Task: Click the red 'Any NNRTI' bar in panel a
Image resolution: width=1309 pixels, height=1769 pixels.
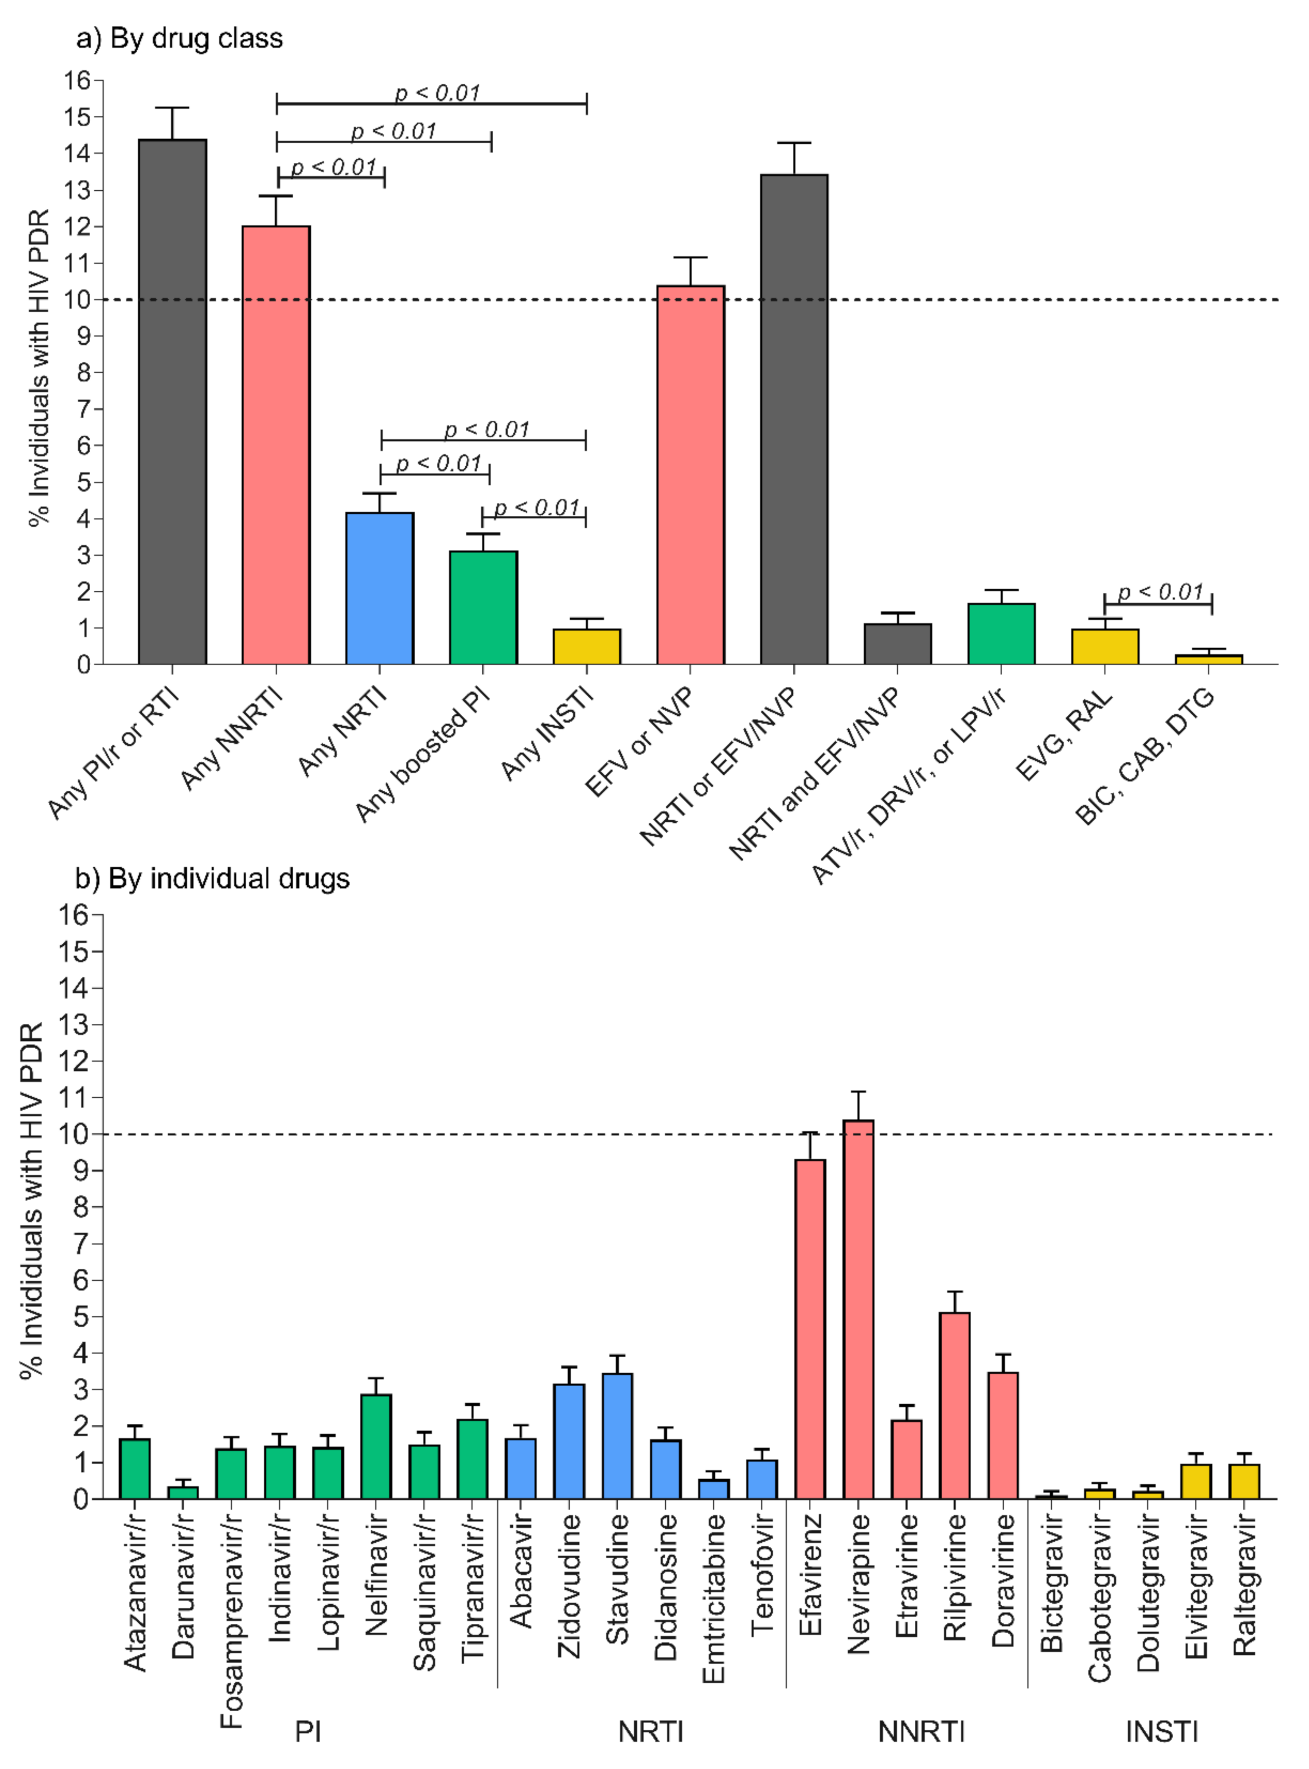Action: (276, 445)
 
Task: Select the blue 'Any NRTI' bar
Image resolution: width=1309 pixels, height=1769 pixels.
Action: (379, 589)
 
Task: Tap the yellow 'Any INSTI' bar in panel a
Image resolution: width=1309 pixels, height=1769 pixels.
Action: (586, 646)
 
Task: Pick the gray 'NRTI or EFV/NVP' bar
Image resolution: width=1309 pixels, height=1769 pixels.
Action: (794, 420)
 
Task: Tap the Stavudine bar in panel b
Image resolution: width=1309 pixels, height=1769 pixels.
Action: (617, 1436)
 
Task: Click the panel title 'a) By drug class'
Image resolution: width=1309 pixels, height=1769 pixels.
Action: (179, 38)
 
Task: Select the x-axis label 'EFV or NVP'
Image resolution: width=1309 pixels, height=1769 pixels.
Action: (639, 741)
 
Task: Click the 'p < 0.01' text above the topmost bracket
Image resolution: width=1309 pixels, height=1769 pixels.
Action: (437, 94)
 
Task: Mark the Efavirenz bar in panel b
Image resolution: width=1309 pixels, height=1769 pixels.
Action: (810, 1329)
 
